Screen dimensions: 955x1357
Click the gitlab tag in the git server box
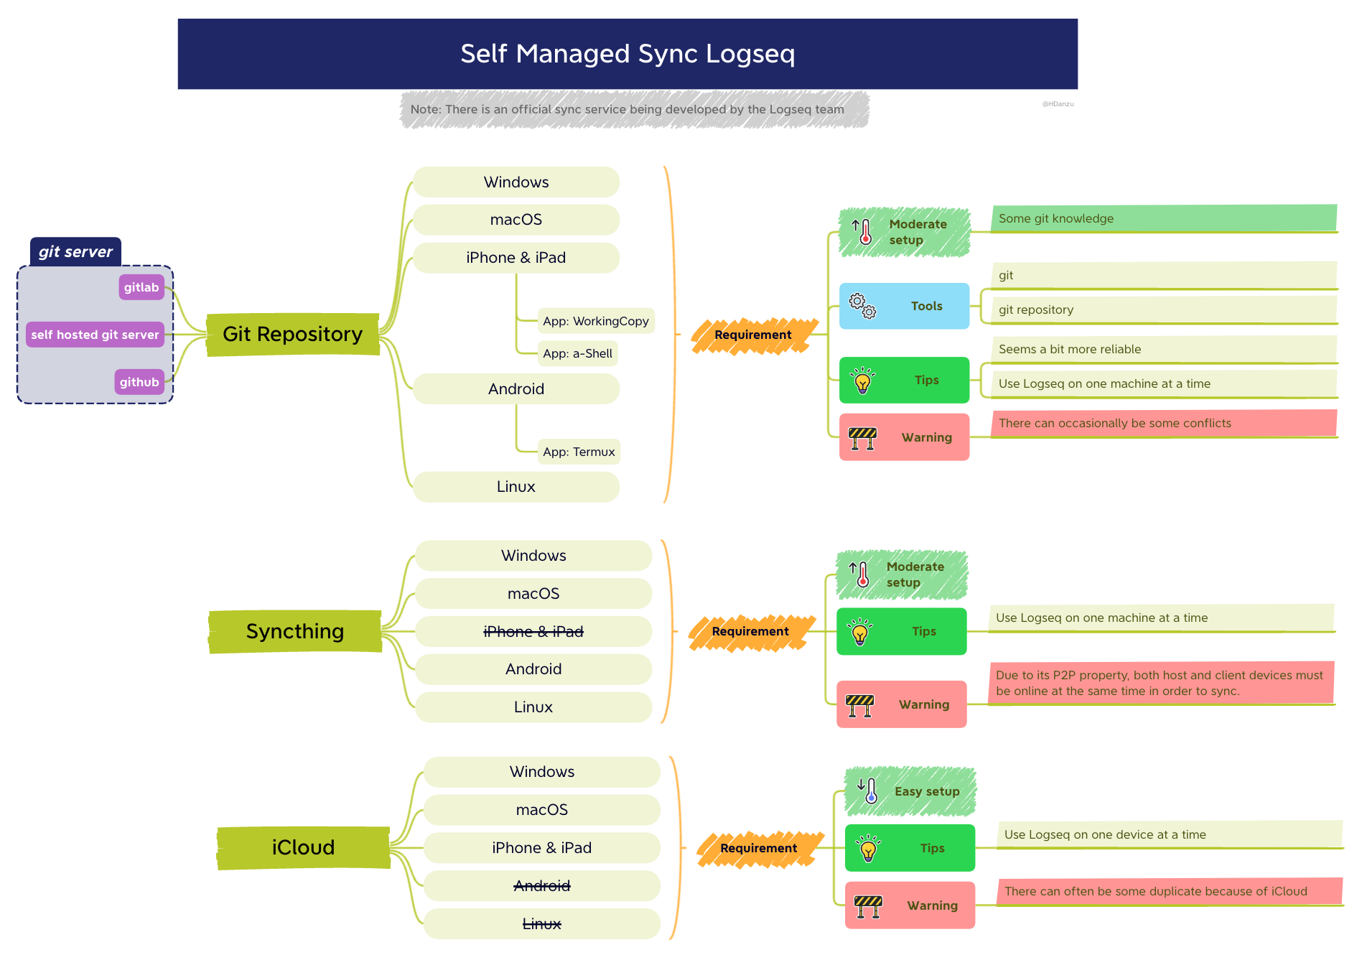[141, 287]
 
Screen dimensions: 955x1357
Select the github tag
[139, 382]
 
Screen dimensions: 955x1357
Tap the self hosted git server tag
[95, 335]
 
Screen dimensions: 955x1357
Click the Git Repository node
[292, 335]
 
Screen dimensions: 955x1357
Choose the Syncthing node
[295, 631]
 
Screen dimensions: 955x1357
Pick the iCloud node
[303, 847]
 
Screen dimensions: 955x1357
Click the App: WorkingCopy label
[595, 321]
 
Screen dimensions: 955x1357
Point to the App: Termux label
[579, 452]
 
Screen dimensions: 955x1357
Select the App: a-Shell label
[577, 353]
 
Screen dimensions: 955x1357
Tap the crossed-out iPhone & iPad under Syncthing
[533, 632]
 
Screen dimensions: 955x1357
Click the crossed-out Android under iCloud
[542, 886]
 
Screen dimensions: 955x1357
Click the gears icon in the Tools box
[862, 306]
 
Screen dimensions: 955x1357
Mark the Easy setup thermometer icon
[869, 791]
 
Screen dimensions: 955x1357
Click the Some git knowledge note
[1163, 218]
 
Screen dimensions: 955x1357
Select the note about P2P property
[1160, 683]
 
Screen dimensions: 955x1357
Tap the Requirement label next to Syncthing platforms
[750, 632]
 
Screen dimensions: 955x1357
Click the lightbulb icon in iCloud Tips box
[869, 849]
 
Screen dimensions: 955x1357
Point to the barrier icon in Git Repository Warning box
[863, 437]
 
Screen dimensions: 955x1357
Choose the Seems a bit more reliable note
[1163, 350]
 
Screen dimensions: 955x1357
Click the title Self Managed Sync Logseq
[628, 54]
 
